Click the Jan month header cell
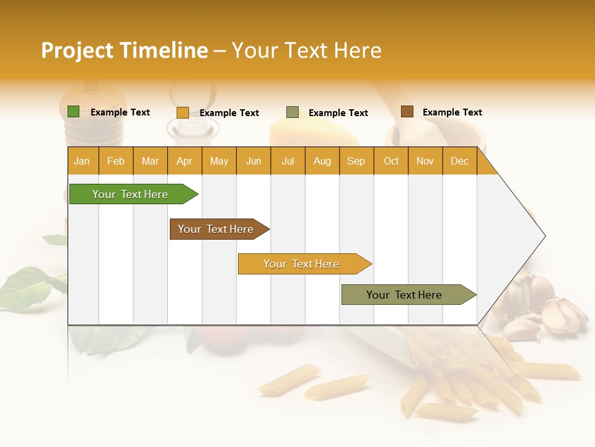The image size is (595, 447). pyautogui.click(x=82, y=161)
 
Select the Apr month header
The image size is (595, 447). pyautogui.click(x=185, y=161)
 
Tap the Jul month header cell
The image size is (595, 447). pyautogui.click(x=288, y=161)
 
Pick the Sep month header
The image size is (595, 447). pyautogui.click(x=356, y=161)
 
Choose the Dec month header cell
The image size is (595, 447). pyautogui.click(x=459, y=161)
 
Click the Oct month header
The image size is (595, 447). pyautogui.click(x=391, y=161)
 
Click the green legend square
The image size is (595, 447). pyautogui.click(x=74, y=112)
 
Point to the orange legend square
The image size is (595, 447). pyautogui.click(x=182, y=112)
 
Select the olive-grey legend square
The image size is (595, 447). pyautogui.click(x=293, y=112)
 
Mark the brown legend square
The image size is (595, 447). pyautogui.click(x=407, y=112)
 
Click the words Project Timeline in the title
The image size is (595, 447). pyautogui.click(x=125, y=50)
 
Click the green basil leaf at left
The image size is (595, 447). pyautogui.click(x=25, y=287)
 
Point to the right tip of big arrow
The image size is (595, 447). pyautogui.click(x=544, y=236)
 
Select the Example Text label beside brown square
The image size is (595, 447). pyautogui.click(x=452, y=112)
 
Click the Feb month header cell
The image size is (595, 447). pyautogui.click(x=116, y=161)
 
